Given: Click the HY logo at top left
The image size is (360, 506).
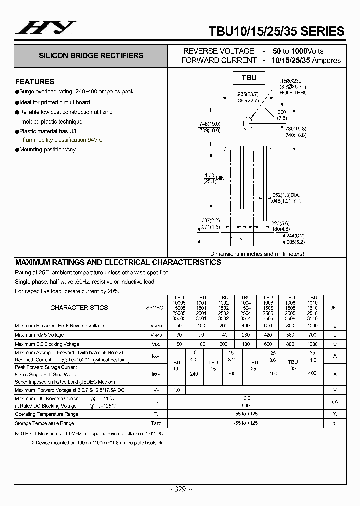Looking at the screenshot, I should [45, 28].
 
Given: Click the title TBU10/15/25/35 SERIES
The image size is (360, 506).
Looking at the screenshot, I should [276, 31].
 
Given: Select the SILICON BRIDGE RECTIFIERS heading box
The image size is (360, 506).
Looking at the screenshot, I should [91, 56].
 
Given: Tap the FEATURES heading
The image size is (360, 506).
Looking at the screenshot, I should [35, 82].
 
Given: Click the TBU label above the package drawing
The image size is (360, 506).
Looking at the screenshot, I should [249, 78].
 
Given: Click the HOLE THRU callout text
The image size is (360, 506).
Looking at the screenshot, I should [294, 93].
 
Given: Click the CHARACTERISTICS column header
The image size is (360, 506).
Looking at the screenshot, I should [79, 308].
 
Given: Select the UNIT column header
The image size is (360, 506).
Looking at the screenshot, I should [334, 308].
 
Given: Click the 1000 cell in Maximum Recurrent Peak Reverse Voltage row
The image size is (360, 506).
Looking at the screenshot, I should [312, 326].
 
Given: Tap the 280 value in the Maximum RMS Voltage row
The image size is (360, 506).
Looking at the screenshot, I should [246, 335].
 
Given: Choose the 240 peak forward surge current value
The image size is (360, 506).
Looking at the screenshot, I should [194, 373].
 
